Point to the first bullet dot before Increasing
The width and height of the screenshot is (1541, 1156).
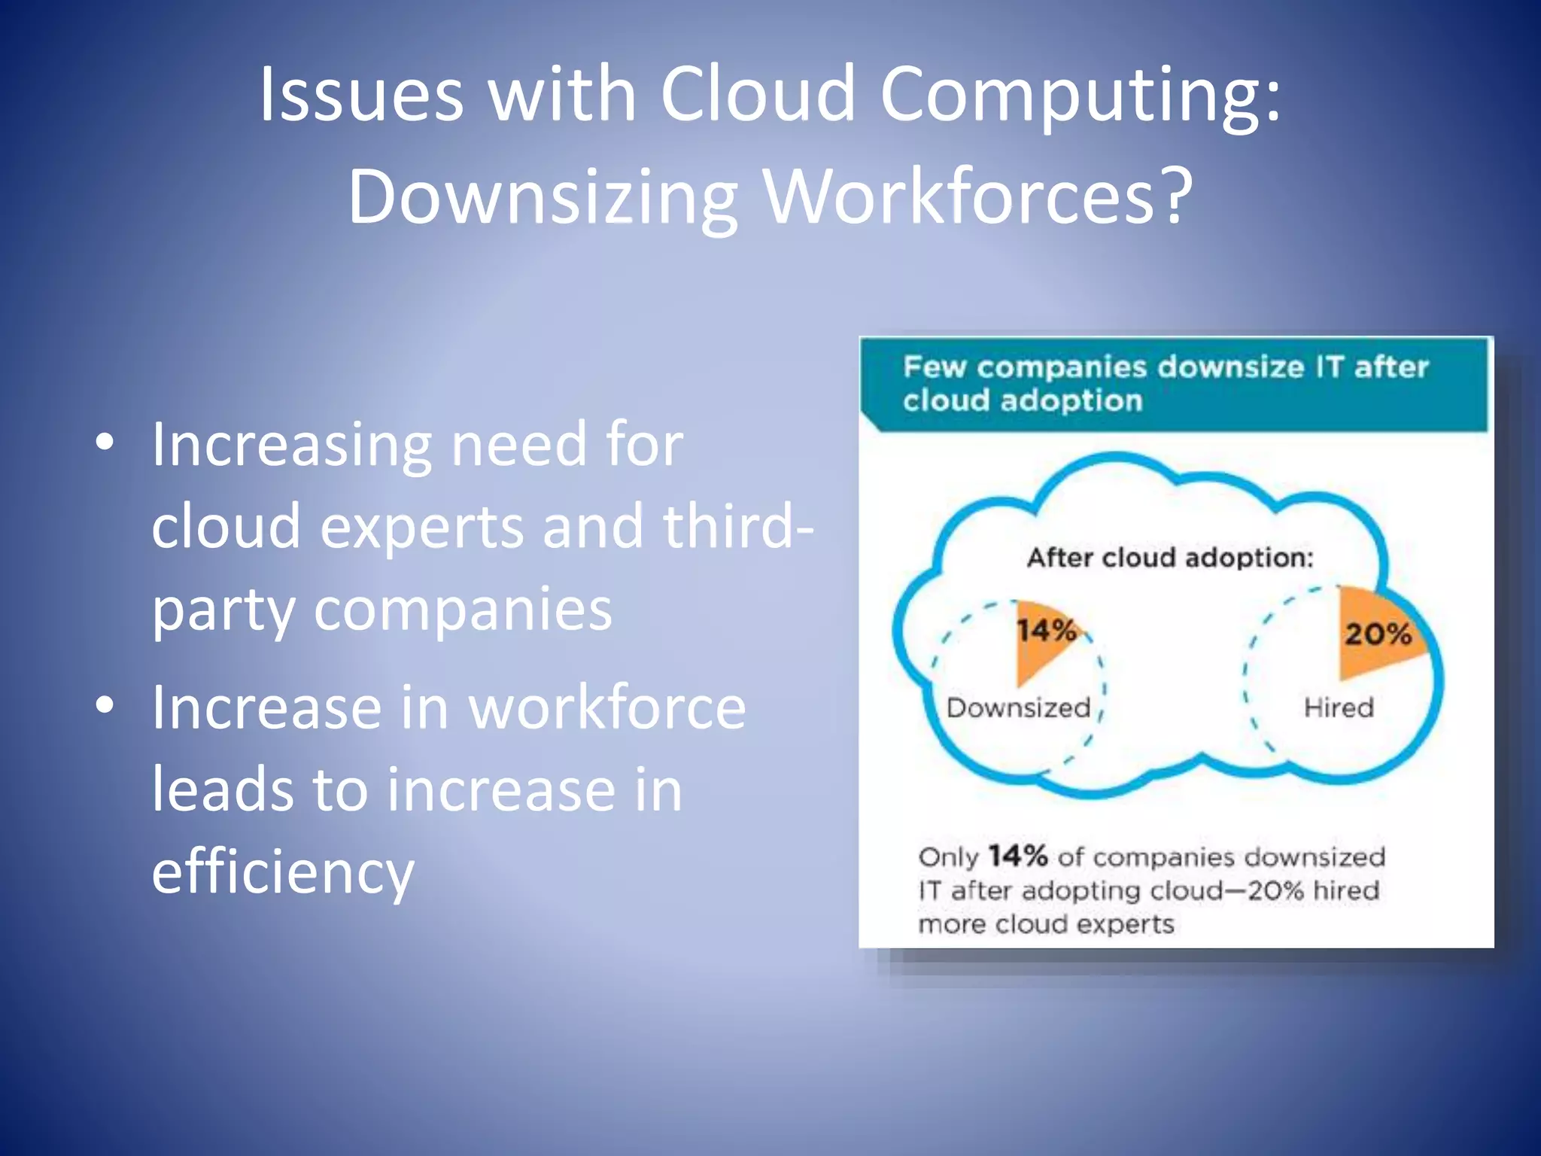pos(105,442)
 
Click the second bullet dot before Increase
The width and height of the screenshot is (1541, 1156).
pos(105,705)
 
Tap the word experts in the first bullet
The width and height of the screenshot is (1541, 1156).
pos(422,526)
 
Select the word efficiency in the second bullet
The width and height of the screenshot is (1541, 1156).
pos(283,873)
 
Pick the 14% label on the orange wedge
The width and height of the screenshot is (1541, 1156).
pos(1046,631)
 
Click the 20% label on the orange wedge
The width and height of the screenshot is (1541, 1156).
pos(1378,634)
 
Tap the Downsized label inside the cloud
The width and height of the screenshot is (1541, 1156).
pos(1018,707)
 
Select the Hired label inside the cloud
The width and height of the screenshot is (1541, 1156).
pos(1339,707)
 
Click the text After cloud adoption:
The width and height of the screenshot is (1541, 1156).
pos(1170,558)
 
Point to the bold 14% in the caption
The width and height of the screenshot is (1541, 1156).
pos(1017,856)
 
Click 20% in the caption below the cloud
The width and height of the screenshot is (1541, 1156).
pos(1275,891)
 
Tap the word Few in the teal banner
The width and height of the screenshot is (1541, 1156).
pos(935,367)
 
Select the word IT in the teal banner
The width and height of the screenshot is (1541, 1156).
pos(1330,367)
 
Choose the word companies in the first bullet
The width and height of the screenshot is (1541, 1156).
pos(463,609)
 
